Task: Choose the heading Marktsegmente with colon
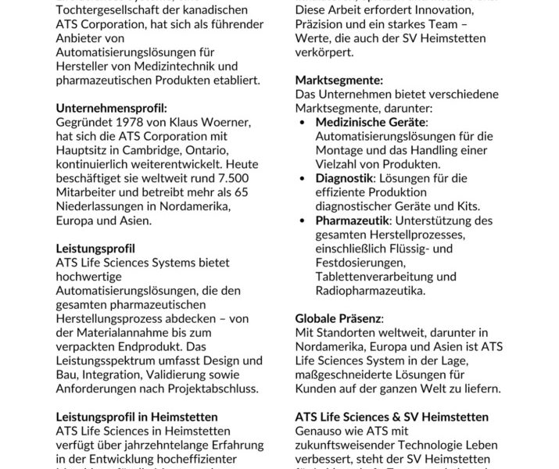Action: tap(339, 80)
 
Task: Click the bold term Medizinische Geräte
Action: tap(371, 124)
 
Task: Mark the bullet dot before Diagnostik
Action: tap(304, 178)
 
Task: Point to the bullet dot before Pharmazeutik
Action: tap(304, 221)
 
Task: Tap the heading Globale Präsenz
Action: tap(339, 319)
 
